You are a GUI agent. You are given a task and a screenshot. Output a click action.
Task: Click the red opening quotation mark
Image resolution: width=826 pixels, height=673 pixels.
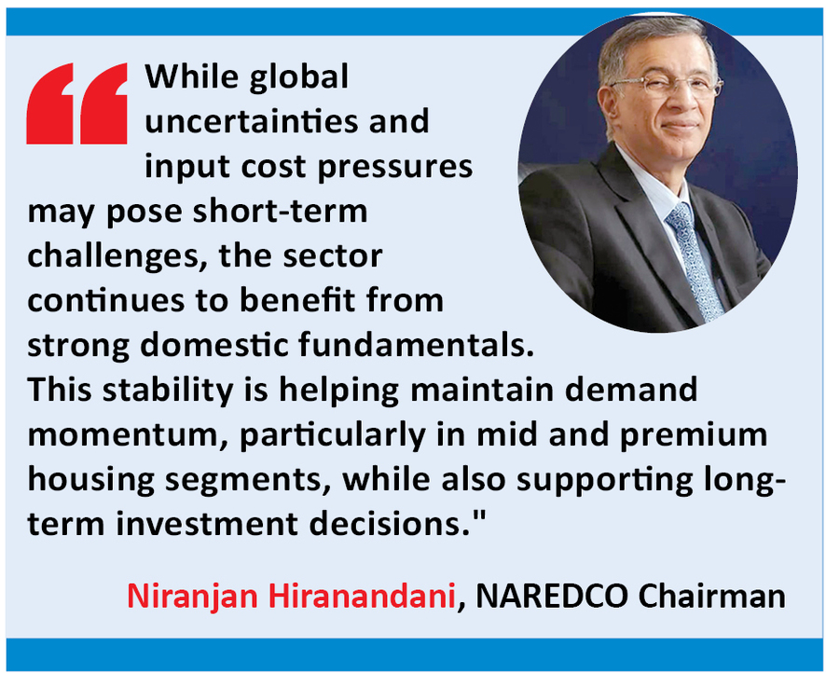pos(76,103)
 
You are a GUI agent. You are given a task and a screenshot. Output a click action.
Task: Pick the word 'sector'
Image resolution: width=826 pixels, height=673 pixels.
pos(333,256)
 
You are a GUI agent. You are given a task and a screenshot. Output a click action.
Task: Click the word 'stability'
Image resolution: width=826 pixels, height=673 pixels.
pos(168,391)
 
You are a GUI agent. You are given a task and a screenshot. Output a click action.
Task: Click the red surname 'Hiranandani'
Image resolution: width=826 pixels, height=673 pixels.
pos(362,597)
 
